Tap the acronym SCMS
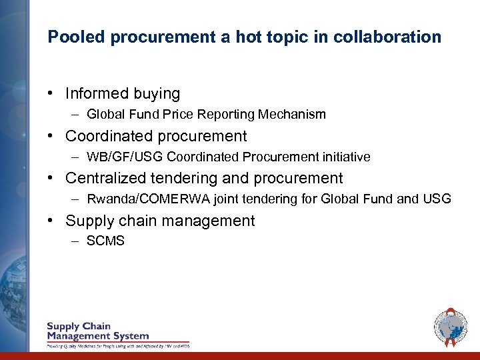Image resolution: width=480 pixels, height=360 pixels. click(x=105, y=241)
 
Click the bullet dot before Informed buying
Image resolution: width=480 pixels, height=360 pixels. click(x=51, y=94)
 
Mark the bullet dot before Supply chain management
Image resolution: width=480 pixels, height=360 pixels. click(x=51, y=221)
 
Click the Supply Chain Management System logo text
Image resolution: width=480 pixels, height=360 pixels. click(x=97, y=331)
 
